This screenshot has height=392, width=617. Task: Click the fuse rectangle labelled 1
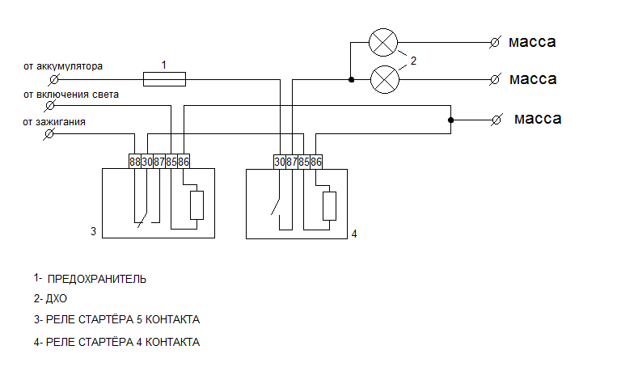pyautogui.click(x=164, y=78)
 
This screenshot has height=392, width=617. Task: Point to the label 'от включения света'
pyautogui.click(x=71, y=95)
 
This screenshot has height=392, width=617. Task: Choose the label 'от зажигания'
pyautogui.click(x=55, y=122)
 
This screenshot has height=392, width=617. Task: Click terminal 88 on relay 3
pyautogui.click(x=134, y=162)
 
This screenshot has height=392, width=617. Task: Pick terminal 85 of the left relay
pyautogui.click(x=171, y=162)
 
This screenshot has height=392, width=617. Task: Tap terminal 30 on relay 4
pyautogui.click(x=280, y=162)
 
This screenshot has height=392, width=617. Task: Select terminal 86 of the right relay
pyautogui.click(x=316, y=162)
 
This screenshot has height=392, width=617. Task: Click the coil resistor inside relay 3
pyautogui.click(x=197, y=205)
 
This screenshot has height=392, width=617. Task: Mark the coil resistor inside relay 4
pyautogui.click(x=329, y=205)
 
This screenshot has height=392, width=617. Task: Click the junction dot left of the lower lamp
pyautogui.click(x=351, y=79)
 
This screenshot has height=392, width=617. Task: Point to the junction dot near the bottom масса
pyautogui.click(x=450, y=120)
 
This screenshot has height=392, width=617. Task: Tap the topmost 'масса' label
pyautogui.click(x=532, y=41)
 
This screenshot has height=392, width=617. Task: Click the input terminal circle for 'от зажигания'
pyautogui.click(x=49, y=134)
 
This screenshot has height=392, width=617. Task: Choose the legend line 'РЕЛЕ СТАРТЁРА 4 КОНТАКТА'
pyautogui.click(x=116, y=342)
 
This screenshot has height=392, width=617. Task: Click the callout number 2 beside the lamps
pyautogui.click(x=413, y=60)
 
